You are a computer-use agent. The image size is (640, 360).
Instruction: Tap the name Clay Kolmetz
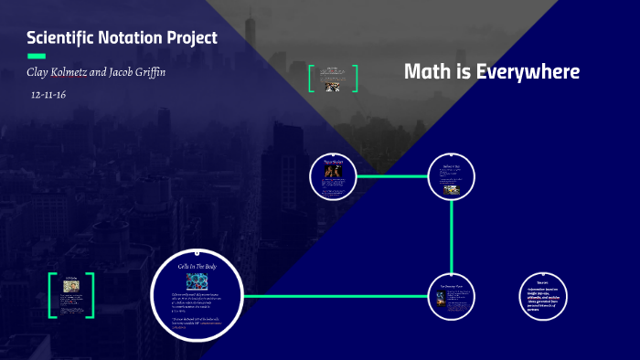point(58,71)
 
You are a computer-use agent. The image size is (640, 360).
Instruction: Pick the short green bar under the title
point(37,56)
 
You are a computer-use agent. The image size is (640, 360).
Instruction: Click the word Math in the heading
point(424,71)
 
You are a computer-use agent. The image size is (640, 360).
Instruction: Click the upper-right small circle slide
point(452,175)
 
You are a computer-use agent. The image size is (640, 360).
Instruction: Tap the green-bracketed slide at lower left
point(71,294)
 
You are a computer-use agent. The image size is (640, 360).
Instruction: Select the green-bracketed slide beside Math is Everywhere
point(333,79)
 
